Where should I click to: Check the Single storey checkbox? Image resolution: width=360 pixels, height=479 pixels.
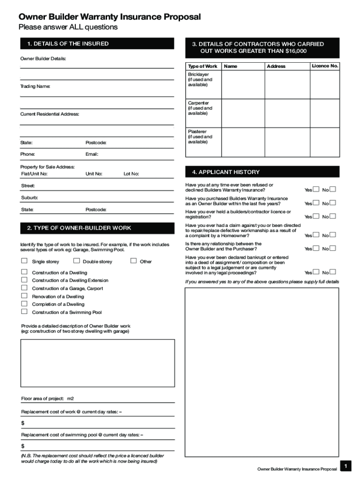(24, 261)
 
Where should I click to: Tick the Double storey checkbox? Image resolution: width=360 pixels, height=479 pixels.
(77, 261)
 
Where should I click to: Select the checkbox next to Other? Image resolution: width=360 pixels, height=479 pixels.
(133, 261)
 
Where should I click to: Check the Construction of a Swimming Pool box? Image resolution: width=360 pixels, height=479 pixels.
(24, 312)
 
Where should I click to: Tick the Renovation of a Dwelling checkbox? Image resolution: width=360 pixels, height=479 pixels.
(24, 296)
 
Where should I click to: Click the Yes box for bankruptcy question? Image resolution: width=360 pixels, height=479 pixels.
(316, 272)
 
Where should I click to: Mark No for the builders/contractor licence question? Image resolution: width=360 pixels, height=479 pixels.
(333, 216)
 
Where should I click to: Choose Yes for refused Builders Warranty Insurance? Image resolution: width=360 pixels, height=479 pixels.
(316, 189)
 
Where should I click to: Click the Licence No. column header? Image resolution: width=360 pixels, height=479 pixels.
(325, 66)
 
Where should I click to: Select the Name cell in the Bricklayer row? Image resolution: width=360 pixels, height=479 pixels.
(243, 84)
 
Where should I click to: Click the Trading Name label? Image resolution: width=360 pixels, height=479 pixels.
(35, 87)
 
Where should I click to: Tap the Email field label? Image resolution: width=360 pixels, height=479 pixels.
(92, 154)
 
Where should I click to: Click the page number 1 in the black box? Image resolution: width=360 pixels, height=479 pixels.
(345, 466)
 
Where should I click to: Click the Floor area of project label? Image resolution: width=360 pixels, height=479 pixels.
(43, 399)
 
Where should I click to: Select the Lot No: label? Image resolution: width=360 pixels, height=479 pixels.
(131, 174)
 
